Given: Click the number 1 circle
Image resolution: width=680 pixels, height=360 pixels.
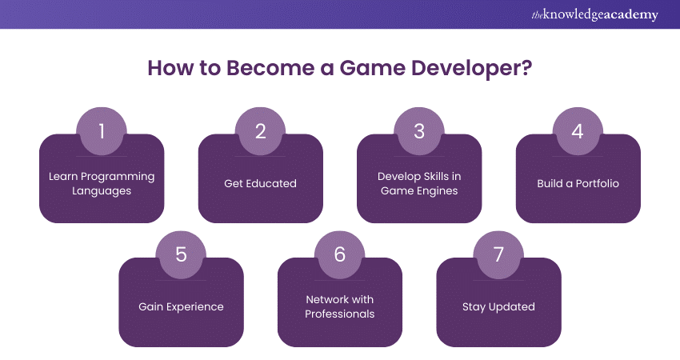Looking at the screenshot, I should [x=102, y=131].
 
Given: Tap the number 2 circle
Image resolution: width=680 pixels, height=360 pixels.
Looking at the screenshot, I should [x=260, y=131].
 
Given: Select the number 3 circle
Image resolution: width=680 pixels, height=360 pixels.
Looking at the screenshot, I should [x=419, y=131].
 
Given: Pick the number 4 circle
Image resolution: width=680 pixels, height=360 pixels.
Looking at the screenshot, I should [x=578, y=131].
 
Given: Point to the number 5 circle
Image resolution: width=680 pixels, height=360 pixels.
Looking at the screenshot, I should [x=181, y=254].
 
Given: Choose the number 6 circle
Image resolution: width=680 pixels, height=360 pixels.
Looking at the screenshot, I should [x=340, y=254].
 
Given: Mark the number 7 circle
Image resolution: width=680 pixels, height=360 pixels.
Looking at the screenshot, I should [x=498, y=254].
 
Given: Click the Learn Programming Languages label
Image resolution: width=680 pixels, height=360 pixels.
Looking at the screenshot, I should [x=102, y=183].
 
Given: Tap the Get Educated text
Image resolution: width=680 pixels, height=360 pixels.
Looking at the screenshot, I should [x=260, y=183].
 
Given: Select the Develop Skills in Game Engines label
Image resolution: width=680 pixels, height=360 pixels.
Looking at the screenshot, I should [x=419, y=183].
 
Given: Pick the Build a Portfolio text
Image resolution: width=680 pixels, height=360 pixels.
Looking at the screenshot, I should [x=578, y=183].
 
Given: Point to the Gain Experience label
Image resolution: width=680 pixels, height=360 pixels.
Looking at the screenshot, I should [x=181, y=306].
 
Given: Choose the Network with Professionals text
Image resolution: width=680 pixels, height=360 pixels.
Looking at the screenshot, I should [x=340, y=306].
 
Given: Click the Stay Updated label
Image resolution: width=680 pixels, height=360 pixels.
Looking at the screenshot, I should [x=498, y=306].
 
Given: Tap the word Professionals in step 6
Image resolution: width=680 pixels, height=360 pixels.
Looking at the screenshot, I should [x=340, y=314].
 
